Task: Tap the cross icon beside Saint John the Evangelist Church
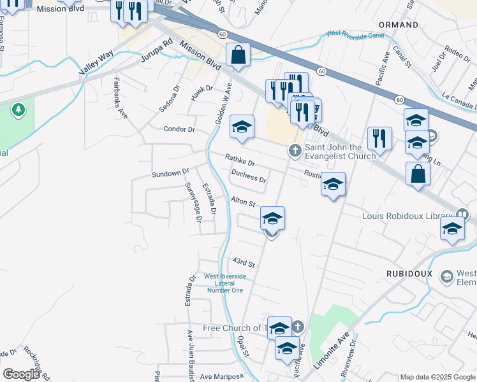pos(295,151)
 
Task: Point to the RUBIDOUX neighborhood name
pos(409,273)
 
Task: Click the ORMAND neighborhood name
pos(399,25)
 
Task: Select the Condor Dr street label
pos(179,129)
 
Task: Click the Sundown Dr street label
pos(170,173)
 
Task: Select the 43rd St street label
pos(243,262)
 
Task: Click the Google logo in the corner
pos(21,374)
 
